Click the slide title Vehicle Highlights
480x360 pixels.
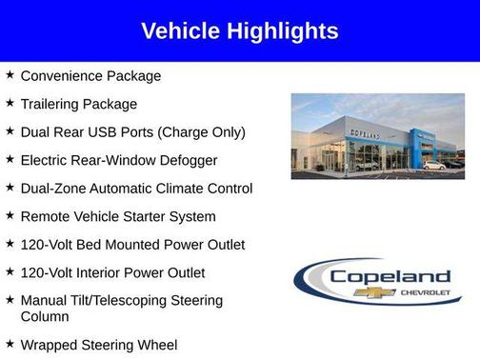(239, 30)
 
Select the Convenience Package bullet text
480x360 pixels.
(90, 76)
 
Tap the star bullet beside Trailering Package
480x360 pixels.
(10, 103)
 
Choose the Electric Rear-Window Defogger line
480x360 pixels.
(119, 160)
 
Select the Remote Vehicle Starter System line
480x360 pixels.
(118, 216)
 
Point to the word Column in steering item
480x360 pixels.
(45, 316)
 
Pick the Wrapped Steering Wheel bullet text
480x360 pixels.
(99, 345)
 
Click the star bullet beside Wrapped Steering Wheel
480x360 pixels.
(10, 344)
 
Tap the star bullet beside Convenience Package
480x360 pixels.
(10, 75)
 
